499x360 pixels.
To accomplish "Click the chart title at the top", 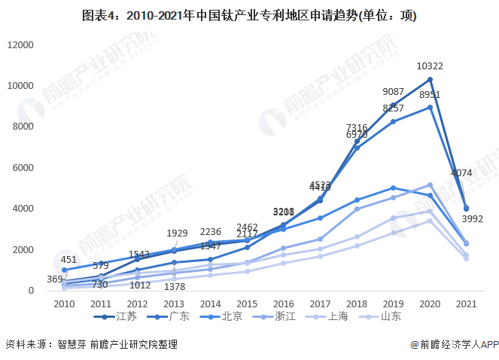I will pyautogui.click(x=249, y=15).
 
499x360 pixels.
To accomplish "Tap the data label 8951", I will pyautogui.click(x=430, y=95).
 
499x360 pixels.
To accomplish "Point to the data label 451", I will pyautogui.click(x=69, y=261).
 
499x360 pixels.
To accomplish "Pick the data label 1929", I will pyautogui.click(x=178, y=234).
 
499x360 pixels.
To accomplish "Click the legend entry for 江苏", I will pyautogui.click(x=126, y=316).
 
